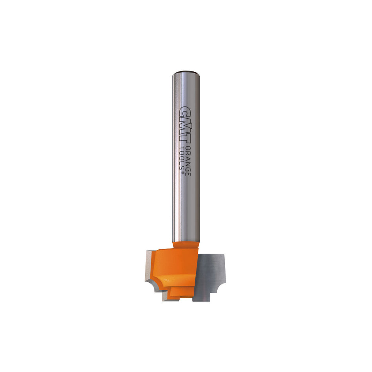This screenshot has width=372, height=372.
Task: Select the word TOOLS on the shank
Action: [182, 159]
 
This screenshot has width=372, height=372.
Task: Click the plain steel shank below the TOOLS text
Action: [186, 208]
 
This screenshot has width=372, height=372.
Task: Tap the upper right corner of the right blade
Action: [223, 256]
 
